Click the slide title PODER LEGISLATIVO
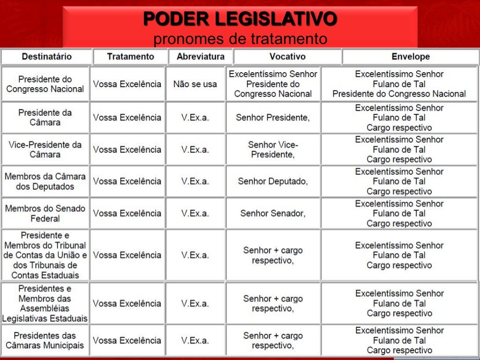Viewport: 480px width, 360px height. coord(240,19)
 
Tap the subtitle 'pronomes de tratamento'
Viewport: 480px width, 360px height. coord(240,39)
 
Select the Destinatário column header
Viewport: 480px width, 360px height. coord(46,57)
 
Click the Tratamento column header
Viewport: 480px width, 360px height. coord(130,57)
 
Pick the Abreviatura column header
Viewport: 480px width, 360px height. coord(200,57)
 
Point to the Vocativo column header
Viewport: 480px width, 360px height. coord(287,57)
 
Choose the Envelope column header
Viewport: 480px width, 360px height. coord(410,57)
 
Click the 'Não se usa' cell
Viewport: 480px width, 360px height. coord(195,84)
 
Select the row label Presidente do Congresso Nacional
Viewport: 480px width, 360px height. coord(45,84)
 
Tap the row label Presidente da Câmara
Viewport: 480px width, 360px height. coord(45,117)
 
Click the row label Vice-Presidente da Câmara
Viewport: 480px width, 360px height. coord(45,150)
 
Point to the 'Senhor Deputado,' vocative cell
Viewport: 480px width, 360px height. coord(273,181)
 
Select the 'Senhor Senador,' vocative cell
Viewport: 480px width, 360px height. coord(273,213)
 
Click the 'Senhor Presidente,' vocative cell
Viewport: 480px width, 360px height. coord(273,118)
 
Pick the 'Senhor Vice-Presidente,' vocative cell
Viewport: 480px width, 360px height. coord(273,150)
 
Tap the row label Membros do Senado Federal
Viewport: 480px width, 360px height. coord(45,213)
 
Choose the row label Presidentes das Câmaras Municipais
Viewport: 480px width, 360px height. coord(45,341)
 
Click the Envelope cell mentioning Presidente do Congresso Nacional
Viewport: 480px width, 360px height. coord(399,84)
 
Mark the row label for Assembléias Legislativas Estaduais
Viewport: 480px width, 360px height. coord(45,303)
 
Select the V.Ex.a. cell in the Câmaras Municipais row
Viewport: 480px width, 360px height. coord(195,341)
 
